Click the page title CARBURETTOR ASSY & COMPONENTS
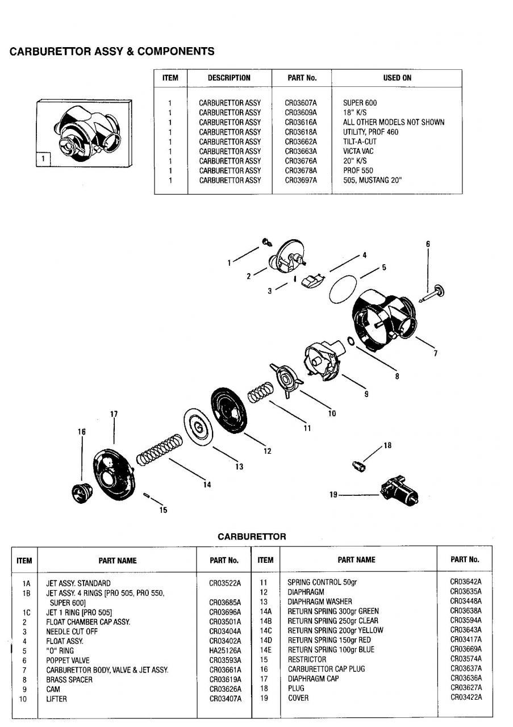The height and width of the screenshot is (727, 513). coord(112,52)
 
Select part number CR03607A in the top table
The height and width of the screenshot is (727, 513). coord(301,103)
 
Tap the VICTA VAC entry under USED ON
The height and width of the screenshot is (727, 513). coord(358,151)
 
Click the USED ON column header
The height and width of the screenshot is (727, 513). coord(397,78)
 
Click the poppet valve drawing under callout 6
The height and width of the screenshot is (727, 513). coord(433,293)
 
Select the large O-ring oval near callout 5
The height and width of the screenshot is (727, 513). coord(344,289)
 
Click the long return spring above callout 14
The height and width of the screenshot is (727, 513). coord(160,450)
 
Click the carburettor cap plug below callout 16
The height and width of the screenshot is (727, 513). coord(80,492)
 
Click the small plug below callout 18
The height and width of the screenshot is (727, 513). coord(358,466)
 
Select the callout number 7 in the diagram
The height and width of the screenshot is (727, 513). coord(435,353)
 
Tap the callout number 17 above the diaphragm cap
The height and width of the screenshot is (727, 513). coord(114,414)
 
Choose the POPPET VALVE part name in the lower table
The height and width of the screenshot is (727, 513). coord(68,660)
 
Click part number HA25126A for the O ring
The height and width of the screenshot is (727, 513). coord(225,650)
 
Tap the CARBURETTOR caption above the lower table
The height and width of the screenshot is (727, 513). coord(252,536)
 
